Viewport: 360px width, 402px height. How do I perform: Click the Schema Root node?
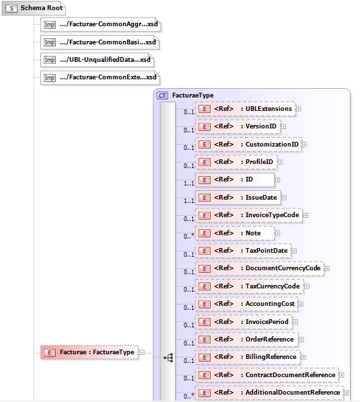34,8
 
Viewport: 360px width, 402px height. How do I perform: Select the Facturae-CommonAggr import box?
100,24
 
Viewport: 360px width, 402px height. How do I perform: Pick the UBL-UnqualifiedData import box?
97,60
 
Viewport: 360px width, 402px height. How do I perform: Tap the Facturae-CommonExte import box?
100,77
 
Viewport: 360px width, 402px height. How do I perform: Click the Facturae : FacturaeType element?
89,352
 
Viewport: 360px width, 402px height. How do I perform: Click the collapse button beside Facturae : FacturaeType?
142,352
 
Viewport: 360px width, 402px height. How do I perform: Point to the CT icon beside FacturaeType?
162,95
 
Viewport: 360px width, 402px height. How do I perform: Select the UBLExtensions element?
245,109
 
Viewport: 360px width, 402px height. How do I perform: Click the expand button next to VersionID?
283,126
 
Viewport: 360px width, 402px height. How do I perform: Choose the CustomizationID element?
248,145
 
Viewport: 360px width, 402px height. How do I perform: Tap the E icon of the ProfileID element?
205,162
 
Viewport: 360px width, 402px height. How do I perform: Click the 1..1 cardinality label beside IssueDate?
189,201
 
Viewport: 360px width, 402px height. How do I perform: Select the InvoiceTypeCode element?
249,215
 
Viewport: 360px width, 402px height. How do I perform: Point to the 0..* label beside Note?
189,236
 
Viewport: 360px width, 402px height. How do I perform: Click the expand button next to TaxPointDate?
294,251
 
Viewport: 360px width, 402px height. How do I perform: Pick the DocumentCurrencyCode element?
260,268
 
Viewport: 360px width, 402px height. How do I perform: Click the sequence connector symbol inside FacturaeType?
169,358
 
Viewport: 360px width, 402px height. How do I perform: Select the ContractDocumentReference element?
267,375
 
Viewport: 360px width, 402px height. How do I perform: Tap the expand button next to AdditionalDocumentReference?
347,393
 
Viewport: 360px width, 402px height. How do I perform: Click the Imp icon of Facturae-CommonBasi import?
50,42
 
